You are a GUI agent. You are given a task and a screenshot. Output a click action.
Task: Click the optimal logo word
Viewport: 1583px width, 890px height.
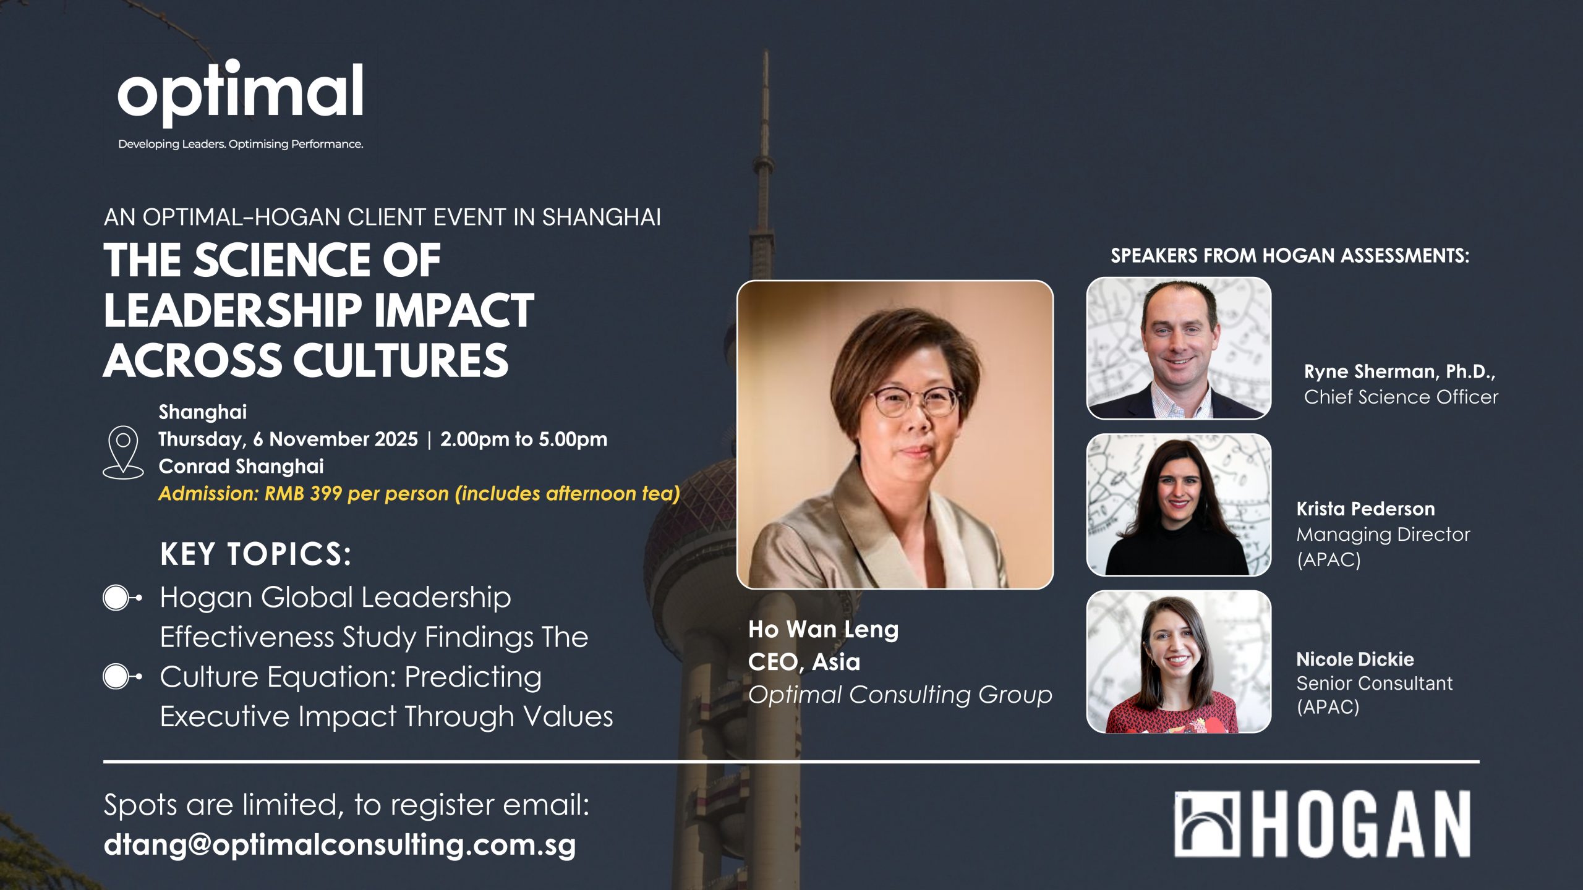point(240,93)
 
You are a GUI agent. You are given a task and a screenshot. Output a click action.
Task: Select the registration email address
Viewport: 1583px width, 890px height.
point(339,844)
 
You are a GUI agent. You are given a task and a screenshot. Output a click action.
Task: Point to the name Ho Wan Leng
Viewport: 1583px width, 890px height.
point(823,629)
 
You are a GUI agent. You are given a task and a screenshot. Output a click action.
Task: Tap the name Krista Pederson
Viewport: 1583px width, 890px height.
point(1365,509)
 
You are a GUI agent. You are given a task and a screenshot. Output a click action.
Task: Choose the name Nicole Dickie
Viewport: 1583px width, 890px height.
point(1355,659)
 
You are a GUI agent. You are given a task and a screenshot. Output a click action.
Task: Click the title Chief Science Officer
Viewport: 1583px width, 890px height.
point(1401,397)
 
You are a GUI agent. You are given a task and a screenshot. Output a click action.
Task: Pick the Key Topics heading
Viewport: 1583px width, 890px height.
point(255,553)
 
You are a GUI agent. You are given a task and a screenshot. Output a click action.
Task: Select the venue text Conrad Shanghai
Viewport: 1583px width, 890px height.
point(241,466)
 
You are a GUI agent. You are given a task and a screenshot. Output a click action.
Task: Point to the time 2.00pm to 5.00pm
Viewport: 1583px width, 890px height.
point(523,439)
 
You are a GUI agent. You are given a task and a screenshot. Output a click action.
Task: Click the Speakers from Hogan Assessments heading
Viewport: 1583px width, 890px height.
point(1289,255)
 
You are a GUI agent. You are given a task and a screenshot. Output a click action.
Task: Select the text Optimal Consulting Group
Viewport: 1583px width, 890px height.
point(900,695)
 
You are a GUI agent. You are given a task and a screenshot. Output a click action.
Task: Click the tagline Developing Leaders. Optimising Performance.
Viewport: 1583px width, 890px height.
point(241,144)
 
